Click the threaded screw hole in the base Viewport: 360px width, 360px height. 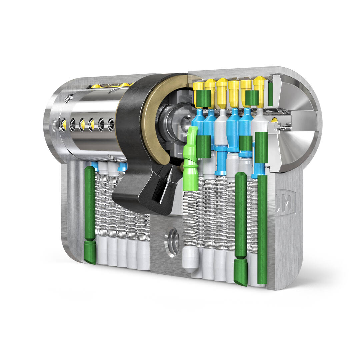coord(172,242)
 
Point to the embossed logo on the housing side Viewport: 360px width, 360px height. coord(285,202)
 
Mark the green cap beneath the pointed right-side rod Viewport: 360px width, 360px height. coord(240,272)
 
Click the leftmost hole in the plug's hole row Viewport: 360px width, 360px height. coord(63,124)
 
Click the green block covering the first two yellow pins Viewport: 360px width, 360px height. coord(204,97)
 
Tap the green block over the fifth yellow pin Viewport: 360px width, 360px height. coord(252,97)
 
